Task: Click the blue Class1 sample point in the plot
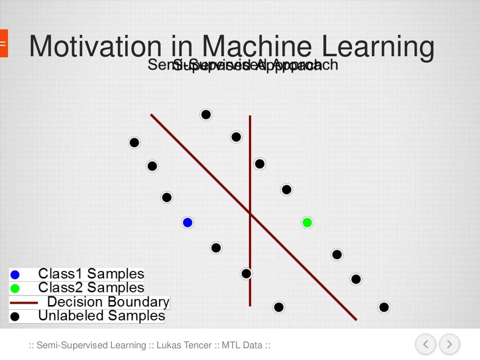point(187,223)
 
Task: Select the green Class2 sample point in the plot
point(307,223)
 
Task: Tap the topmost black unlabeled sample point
point(206,114)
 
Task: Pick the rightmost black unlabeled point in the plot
point(384,307)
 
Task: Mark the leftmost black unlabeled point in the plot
point(135,142)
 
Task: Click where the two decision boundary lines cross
point(250,214)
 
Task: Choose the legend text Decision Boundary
point(108,302)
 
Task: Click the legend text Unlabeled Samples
point(101,316)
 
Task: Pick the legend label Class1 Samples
point(91,274)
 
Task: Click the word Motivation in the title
point(95,47)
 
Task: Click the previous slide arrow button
point(426,345)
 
